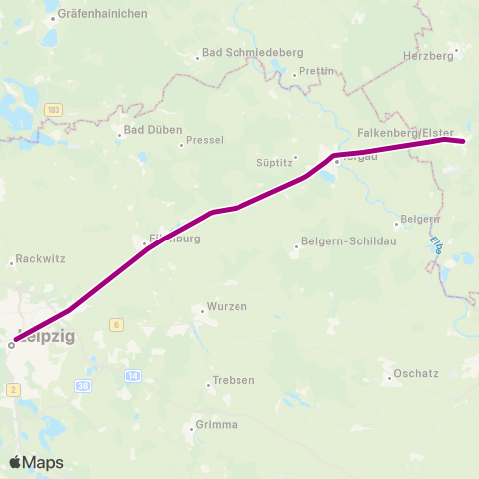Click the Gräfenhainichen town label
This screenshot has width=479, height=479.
tap(103, 14)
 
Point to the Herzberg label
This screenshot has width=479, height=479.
tap(428, 57)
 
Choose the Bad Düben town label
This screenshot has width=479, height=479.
tap(146, 130)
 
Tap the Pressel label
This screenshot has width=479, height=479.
tap(205, 141)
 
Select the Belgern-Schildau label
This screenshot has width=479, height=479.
tap(342, 242)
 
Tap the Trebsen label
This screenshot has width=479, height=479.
tap(234, 381)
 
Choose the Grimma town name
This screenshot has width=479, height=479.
tap(217, 425)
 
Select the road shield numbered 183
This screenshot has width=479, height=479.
tap(53, 108)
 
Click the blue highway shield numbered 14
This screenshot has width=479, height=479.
tap(133, 375)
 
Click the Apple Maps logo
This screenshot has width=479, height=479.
tap(36, 462)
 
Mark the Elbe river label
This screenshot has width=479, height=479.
tap(435, 244)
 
